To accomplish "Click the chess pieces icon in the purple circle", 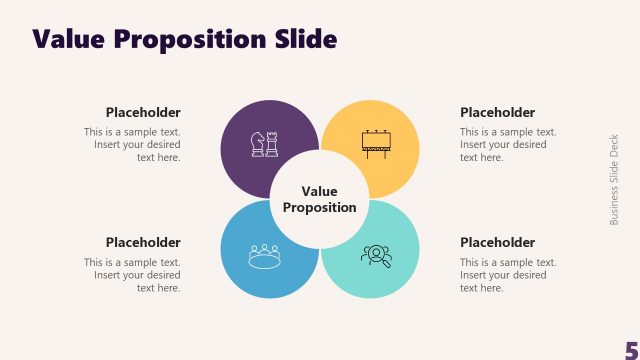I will click(x=264, y=143).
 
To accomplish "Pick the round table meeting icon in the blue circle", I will click(x=264, y=255).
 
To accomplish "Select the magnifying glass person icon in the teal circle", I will click(x=376, y=255).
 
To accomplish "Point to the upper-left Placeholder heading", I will click(x=143, y=112).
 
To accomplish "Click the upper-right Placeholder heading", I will click(x=497, y=112).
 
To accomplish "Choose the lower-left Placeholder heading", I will click(x=143, y=242).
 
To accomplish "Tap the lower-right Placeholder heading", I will click(x=497, y=242).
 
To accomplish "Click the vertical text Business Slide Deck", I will click(x=615, y=180).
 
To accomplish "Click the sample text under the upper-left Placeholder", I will click(x=133, y=144).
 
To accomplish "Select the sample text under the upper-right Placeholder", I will click(x=508, y=144).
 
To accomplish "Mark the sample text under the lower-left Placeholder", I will click(x=133, y=275).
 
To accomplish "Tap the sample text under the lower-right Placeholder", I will click(x=508, y=275).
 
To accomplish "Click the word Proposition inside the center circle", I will click(x=320, y=208).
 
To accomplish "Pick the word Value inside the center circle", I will click(x=320, y=191).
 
